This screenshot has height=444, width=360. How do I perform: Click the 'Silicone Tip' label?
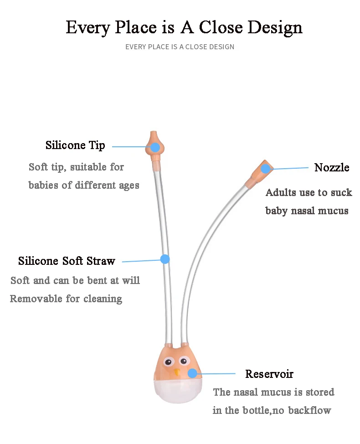(x=75, y=145)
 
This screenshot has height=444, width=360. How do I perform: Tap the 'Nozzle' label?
(x=332, y=167)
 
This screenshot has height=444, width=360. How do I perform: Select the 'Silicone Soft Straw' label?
(x=67, y=261)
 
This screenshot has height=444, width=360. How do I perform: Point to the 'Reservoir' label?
(x=269, y=374)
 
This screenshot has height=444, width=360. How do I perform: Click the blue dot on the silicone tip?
(x=155, y=147)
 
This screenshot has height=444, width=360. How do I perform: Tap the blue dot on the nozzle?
(x=265, y=169)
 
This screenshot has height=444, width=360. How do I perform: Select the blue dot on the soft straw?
(x=165, y=259)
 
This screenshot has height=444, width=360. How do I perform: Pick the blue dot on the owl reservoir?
(x=192, y=373)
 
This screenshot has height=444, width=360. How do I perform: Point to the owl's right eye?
(x=183, y=361)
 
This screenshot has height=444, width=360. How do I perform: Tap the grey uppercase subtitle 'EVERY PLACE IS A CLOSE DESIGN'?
(x=180, y=46)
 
